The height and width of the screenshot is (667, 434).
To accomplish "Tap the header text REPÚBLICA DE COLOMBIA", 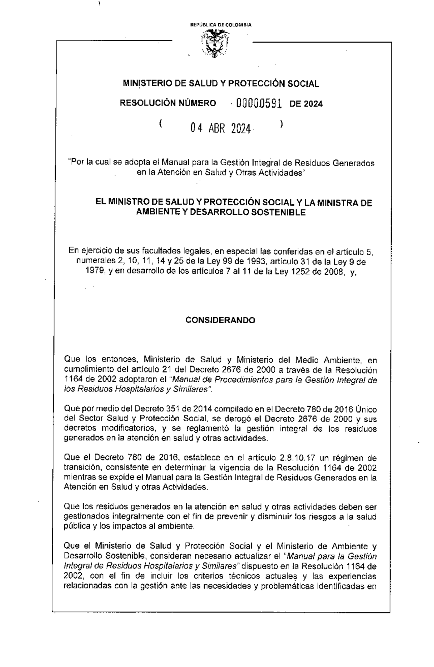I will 221,25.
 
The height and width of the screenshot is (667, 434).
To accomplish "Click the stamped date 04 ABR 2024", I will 221,128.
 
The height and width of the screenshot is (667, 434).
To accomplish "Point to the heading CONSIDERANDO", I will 220,320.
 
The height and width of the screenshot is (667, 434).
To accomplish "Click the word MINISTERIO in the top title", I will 148,84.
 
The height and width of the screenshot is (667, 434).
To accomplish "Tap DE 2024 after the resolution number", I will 306,104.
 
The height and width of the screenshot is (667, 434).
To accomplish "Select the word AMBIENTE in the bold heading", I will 157,212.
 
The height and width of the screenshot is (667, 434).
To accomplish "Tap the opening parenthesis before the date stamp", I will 159,124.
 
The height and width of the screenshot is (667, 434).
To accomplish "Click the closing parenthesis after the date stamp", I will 281,124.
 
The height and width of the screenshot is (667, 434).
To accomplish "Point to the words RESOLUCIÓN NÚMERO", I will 168,103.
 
